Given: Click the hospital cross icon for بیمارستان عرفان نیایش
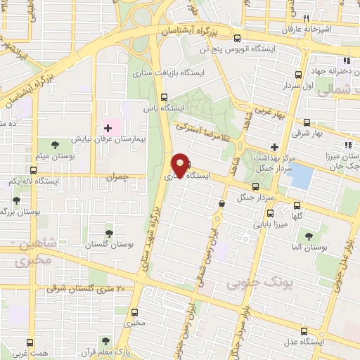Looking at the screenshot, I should pos(108,128).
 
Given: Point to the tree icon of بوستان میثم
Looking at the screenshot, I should pos(55,144).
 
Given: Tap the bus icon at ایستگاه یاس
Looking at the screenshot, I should pos(164,98).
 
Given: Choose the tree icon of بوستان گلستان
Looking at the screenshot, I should pos(108,231).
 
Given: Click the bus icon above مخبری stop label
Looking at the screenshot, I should pos(135,311).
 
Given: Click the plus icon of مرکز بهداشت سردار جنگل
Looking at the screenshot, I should pos(274,146).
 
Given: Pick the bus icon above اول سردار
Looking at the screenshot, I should pos(299,74).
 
